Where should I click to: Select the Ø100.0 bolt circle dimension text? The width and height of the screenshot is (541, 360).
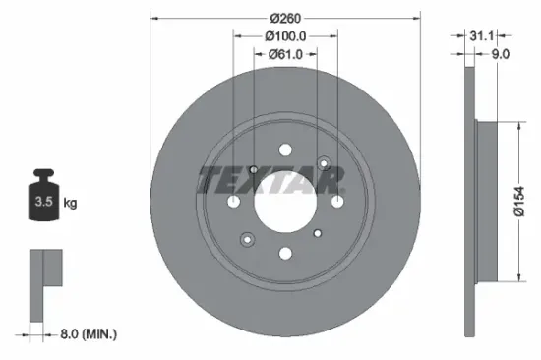tap(285, 35)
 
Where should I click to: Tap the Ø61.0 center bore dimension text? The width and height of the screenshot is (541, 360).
tap(285, 56)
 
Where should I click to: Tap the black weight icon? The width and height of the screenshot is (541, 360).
tap(43, 201)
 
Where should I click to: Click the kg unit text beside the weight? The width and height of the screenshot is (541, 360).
tap(70, 204)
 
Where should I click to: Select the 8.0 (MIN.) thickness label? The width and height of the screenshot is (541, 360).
tap(85, 334)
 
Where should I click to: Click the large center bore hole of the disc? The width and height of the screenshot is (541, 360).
tap(285, 202)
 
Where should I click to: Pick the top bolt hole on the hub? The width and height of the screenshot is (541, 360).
tap(285, 150)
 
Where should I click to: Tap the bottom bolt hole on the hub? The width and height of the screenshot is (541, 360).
tap(285, 254)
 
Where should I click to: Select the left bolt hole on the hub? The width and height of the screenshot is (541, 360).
tap(233, 202)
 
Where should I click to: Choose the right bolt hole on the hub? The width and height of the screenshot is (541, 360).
tap(337, 202)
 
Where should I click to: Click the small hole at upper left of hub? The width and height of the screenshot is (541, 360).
tap(253, 169)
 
